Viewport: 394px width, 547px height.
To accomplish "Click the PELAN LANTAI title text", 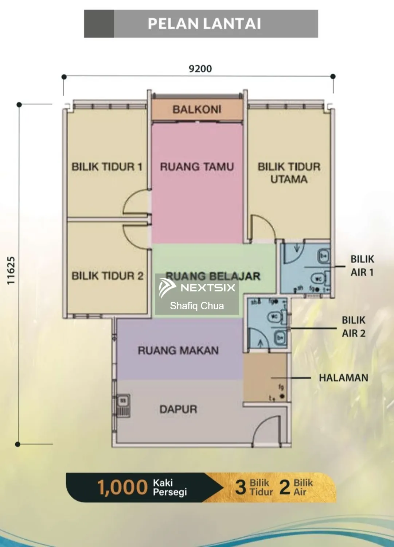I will (x=204, y=24).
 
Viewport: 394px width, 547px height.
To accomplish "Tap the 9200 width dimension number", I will (x=200, y=69).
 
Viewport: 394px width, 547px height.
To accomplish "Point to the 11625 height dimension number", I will (x=11, y=271).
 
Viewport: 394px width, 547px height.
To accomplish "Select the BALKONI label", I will (x=197, y=109).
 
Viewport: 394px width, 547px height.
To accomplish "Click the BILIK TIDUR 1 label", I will (x=106, y=167).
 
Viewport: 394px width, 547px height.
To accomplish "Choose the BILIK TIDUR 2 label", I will (x=107, y=276).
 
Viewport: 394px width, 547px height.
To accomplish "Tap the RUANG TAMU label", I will (x=197, y=167).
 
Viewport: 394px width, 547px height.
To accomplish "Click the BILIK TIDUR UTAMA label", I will (x=289, y=173).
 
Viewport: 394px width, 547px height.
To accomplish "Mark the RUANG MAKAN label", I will (x=178, y=350).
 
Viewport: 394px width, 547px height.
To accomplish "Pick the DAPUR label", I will (x=178, y=409).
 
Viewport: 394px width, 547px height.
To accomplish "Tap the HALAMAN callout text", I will (x=343, y=378).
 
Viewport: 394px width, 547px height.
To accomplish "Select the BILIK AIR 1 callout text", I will (x=362, y=265).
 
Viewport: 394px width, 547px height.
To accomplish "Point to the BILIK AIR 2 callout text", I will (x=353, y=326).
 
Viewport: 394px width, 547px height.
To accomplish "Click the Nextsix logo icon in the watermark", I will (x=167, y=288).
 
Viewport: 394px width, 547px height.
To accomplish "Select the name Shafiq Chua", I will (x=197, y=306).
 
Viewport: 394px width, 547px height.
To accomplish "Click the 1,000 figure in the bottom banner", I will (x=122, y=488).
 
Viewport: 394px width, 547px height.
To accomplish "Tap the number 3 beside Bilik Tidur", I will (x=241, y=488).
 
